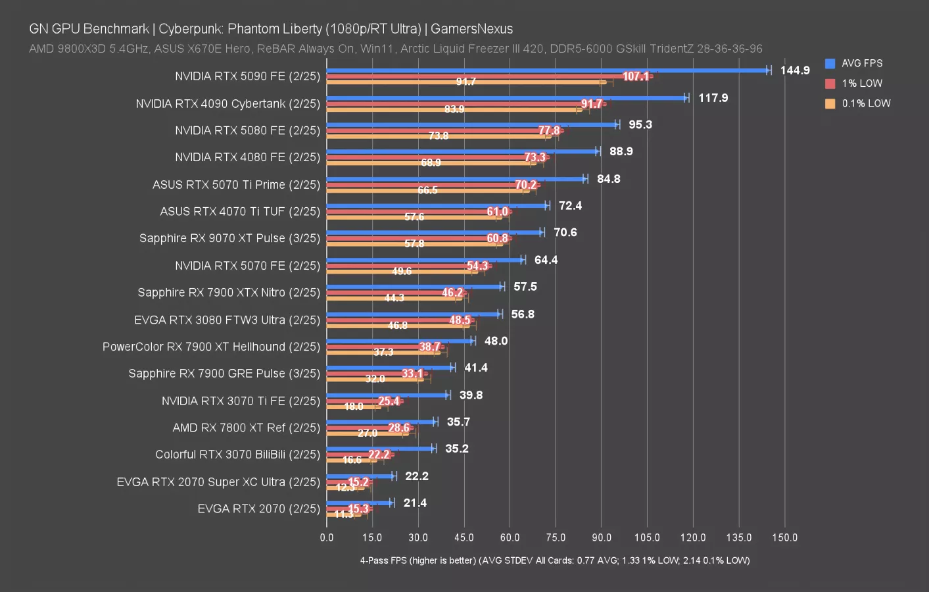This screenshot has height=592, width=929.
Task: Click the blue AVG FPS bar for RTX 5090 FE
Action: tap(546, 70)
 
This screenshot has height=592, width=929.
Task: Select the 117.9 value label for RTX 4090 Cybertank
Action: tap(713, 98)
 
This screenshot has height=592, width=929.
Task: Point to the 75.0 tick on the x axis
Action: tap(556, 537)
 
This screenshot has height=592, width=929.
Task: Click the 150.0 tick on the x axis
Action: tap(784, 537)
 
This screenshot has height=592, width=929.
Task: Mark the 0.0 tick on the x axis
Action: tap(327, 537)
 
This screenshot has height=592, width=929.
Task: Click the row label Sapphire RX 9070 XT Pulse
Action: tap(229, 238)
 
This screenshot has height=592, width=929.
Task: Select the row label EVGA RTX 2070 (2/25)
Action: tap(258, 508)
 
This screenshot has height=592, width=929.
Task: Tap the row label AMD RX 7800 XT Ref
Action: tap(246, 428)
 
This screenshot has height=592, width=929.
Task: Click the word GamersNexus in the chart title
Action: tap(471, 29)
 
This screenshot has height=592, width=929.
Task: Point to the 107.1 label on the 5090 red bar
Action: tap(635, 76)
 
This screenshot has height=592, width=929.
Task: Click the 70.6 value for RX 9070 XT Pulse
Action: tap(565, 232)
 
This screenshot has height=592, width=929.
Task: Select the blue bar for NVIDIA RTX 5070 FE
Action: tap(424, 260)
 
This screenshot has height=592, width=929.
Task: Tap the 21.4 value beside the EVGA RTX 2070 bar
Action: tap(415, 503)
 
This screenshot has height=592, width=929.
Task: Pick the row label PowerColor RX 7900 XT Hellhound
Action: tap(211, 347)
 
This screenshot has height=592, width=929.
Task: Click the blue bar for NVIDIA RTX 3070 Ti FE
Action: tap(387, 395)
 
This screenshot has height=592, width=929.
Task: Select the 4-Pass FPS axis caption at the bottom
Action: tap(554, 560)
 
